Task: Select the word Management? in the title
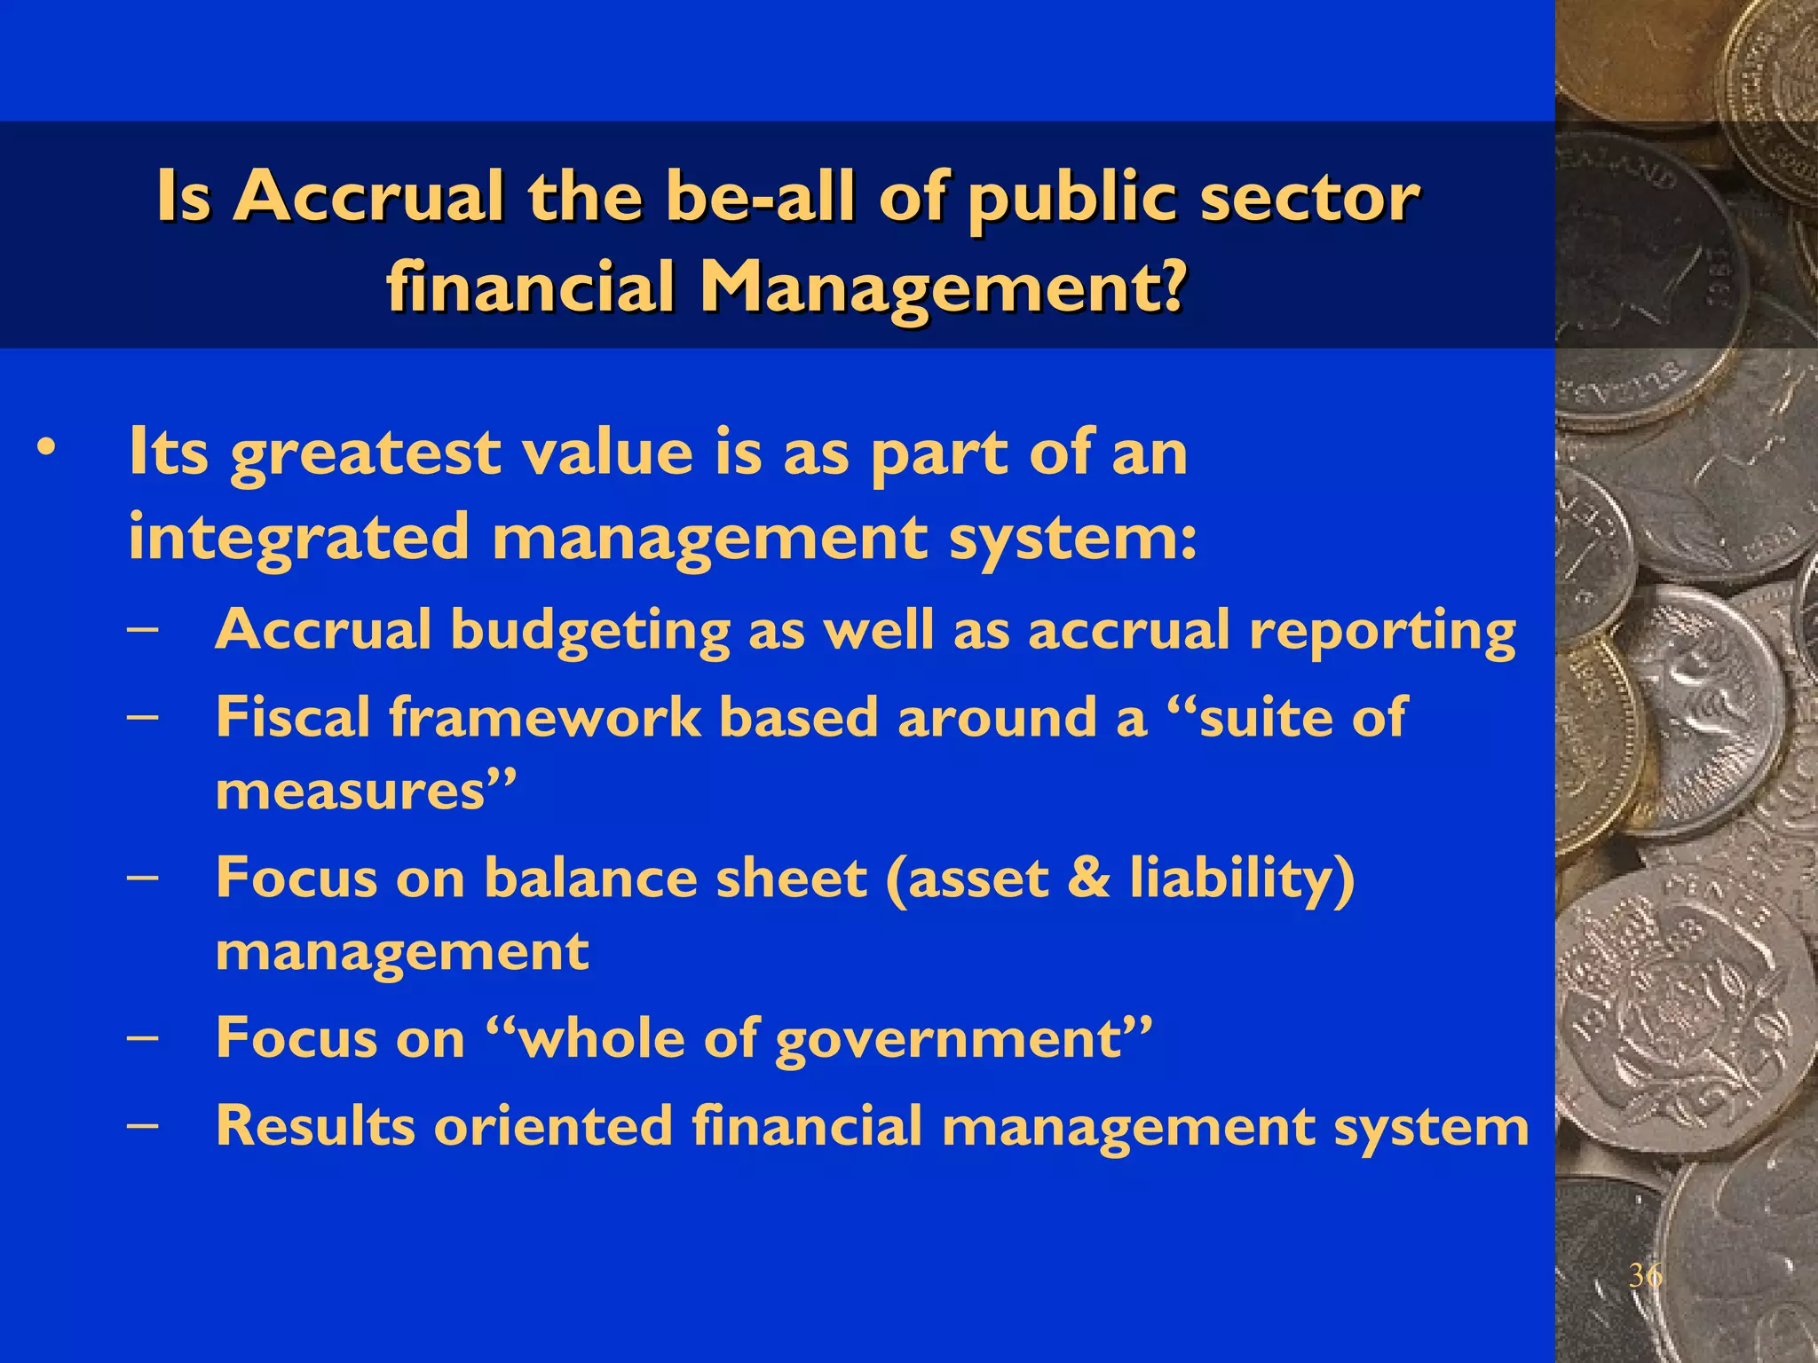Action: [x=943, y=290]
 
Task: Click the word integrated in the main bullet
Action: [x=298, y=537]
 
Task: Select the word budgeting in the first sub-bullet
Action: [x=590, y=632]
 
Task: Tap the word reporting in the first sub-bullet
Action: [x=1382, y=632]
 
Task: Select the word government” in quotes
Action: [x=963, y=1038]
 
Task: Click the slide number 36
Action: [x=1645, y=1276]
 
